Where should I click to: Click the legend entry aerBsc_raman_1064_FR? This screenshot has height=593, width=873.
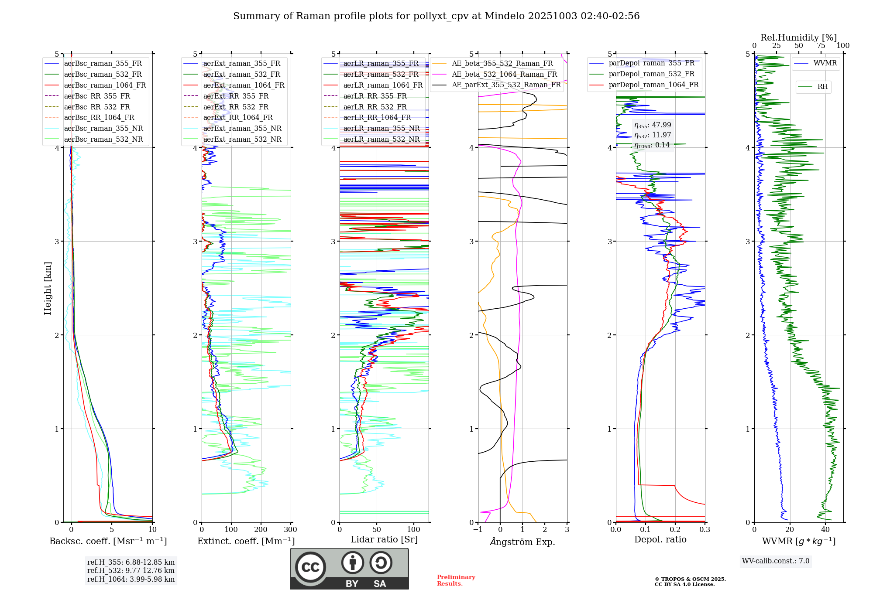[105, 85]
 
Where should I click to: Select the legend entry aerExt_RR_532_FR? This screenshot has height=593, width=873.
[236, 107]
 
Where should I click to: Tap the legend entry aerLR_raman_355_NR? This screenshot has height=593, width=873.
[381, 129]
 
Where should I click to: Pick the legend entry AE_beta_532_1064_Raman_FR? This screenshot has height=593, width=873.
[504, 74]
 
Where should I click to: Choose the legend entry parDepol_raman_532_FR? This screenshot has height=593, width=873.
[651, 74]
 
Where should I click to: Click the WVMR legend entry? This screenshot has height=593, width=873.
[825, 63]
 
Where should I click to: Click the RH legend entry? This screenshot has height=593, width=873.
[822, 87]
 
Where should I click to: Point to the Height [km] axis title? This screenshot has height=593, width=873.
[48, 288]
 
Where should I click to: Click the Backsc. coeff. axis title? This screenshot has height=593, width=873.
[108, 541]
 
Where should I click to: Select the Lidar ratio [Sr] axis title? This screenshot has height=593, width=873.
[384, 540]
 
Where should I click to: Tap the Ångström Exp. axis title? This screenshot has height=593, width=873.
[522, 542]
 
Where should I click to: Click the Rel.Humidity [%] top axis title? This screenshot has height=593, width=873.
[799, 37]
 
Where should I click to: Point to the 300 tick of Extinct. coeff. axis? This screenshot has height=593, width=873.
[290, 530]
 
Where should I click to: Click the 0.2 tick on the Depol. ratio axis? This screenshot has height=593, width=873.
[675, 530]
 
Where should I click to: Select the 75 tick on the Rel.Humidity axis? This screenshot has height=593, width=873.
[821, 46]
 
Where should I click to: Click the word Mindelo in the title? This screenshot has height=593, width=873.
[505, 16]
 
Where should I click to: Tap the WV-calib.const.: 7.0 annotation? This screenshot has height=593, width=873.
[776, 561]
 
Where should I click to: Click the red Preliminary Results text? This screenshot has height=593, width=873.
[456, 580]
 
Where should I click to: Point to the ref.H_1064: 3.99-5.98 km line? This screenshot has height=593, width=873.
[131, 579]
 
